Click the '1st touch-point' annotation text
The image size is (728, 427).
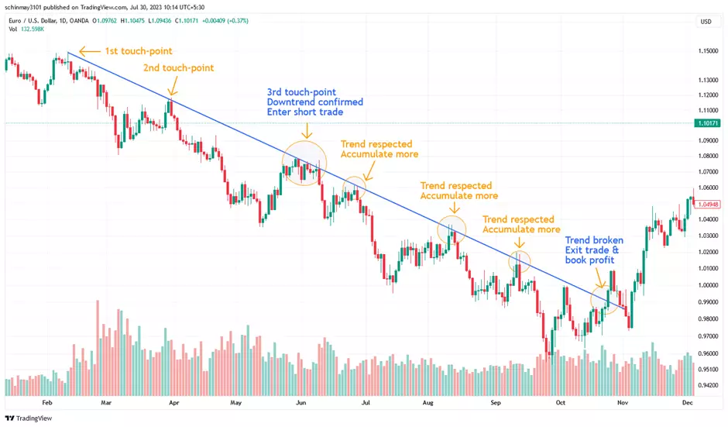tap(139, 52)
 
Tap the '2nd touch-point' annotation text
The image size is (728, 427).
tap(178, 68)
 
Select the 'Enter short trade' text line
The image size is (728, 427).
tap(305, 113)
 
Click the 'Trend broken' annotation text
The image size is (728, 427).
tap(594, 240)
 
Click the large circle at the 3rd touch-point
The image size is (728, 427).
tap(305, 163)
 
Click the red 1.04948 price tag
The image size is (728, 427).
tap(709, 205)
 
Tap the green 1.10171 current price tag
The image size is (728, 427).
tap(709, 123)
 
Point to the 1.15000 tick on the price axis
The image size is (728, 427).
tap(706, 51)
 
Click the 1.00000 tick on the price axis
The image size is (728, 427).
tap(706, 285)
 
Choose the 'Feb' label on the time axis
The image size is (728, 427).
tap(46, 403)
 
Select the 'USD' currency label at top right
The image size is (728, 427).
tap(706, 22)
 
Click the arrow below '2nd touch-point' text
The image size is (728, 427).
tap(170, 88)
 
